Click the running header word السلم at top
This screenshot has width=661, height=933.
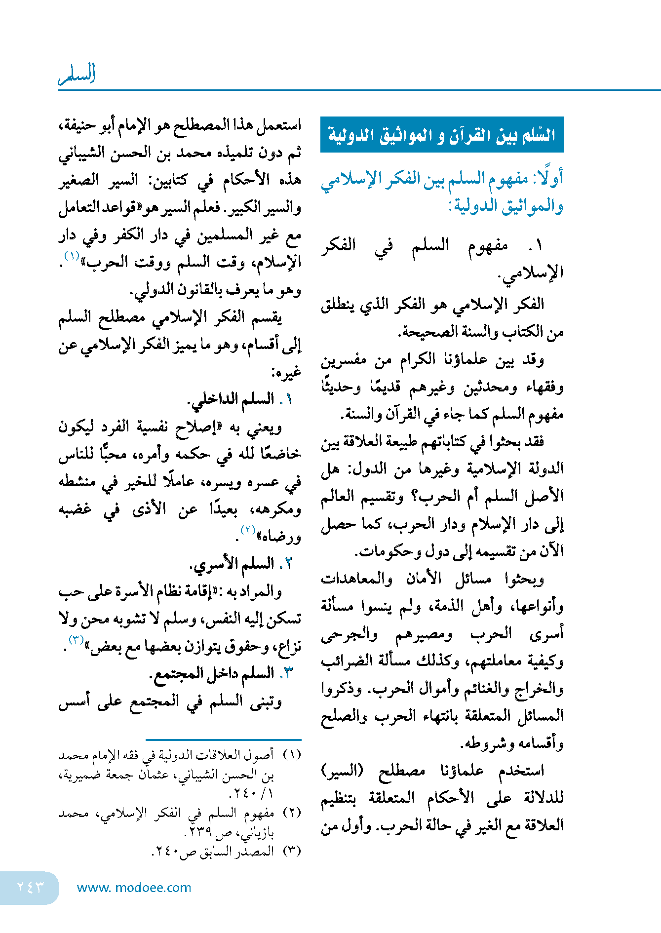click(x=77, y=74)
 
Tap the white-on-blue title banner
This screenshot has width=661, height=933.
click(x=442, y=135)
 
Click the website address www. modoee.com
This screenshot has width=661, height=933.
click(x=134, y=888)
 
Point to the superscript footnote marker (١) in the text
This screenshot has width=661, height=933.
click(x=72, y=256)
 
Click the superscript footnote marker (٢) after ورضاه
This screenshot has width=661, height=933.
click(x=247, y=530)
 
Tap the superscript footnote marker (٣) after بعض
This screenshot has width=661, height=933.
click(x=76, y=640)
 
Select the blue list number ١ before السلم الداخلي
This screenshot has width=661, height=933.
click(x=288, y=399)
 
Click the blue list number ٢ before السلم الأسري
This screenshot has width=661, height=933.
click(x=288, y=563)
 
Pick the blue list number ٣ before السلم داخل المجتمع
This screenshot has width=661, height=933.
click(x=288, y=673)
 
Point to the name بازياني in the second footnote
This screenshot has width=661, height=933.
click(x=257, y=833)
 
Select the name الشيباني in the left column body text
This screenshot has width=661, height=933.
click(x=82, y=153)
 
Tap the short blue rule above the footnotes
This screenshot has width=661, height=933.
click(x=223, y=739)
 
